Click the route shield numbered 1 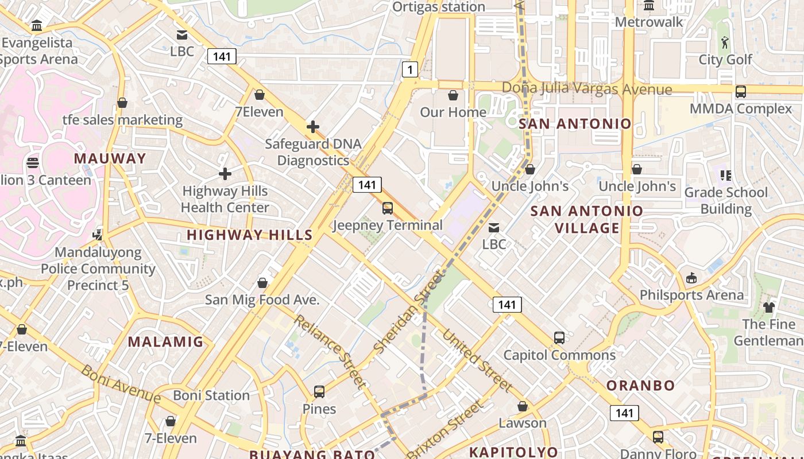[409, 70]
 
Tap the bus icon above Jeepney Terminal [388, 208]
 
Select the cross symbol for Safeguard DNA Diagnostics [313, 126]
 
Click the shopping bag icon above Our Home [453, 95]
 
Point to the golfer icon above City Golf [725, 42]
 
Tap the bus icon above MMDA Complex [741, 91]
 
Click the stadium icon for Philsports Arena [691, 278]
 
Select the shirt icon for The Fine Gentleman [769, 308]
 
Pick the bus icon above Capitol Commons [559, 338]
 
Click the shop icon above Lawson [523, 406]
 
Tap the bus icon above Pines [319, 392]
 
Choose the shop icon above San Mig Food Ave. [262, 283]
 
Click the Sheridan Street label [409, 312]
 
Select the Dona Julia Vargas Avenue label [586, 89]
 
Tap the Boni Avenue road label [121, 383]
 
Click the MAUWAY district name [110, 158]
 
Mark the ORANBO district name [640, 385]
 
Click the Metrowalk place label [649, 22]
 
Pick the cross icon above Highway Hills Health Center [225, 173]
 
